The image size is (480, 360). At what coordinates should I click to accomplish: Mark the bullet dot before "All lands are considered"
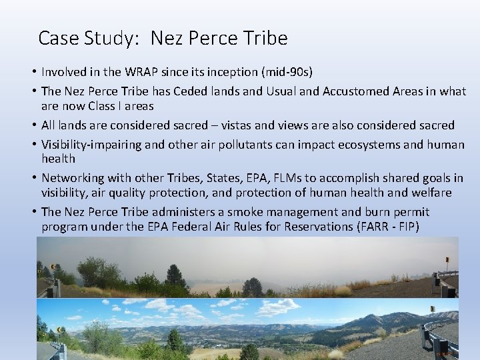point(33,125)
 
